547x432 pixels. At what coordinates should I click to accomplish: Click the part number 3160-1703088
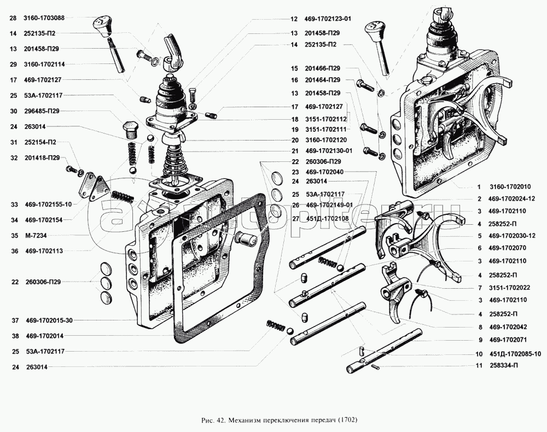pos(44,18)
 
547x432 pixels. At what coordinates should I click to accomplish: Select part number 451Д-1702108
pos(327,218)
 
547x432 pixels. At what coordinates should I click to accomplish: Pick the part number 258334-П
pos(504,365)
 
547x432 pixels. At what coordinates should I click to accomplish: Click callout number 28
pos(13,18)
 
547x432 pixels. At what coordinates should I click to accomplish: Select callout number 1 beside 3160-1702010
pos(479,187)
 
